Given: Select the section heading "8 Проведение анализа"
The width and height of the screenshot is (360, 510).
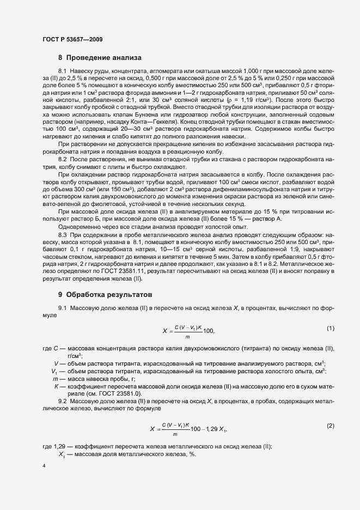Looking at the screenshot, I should [x=100, y=57].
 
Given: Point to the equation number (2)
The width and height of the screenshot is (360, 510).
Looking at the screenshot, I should [x=330, y=425].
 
